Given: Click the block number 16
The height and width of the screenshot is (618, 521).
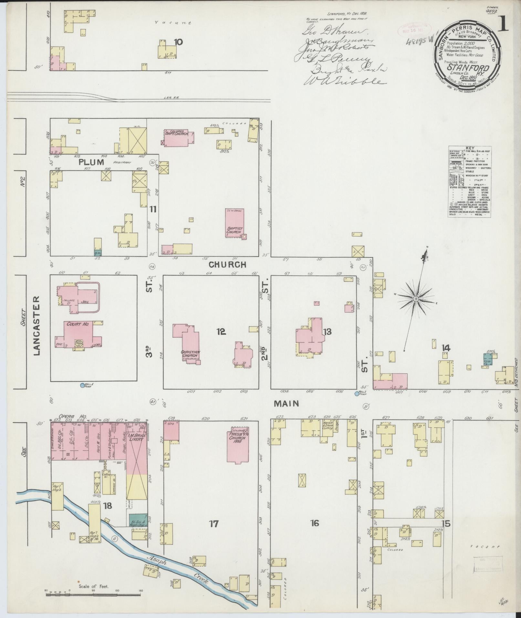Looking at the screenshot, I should coord(314,523).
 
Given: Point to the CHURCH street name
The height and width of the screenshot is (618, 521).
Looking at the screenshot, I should coord(227,265).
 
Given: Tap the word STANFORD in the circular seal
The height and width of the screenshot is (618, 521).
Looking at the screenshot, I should coord(468,68).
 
